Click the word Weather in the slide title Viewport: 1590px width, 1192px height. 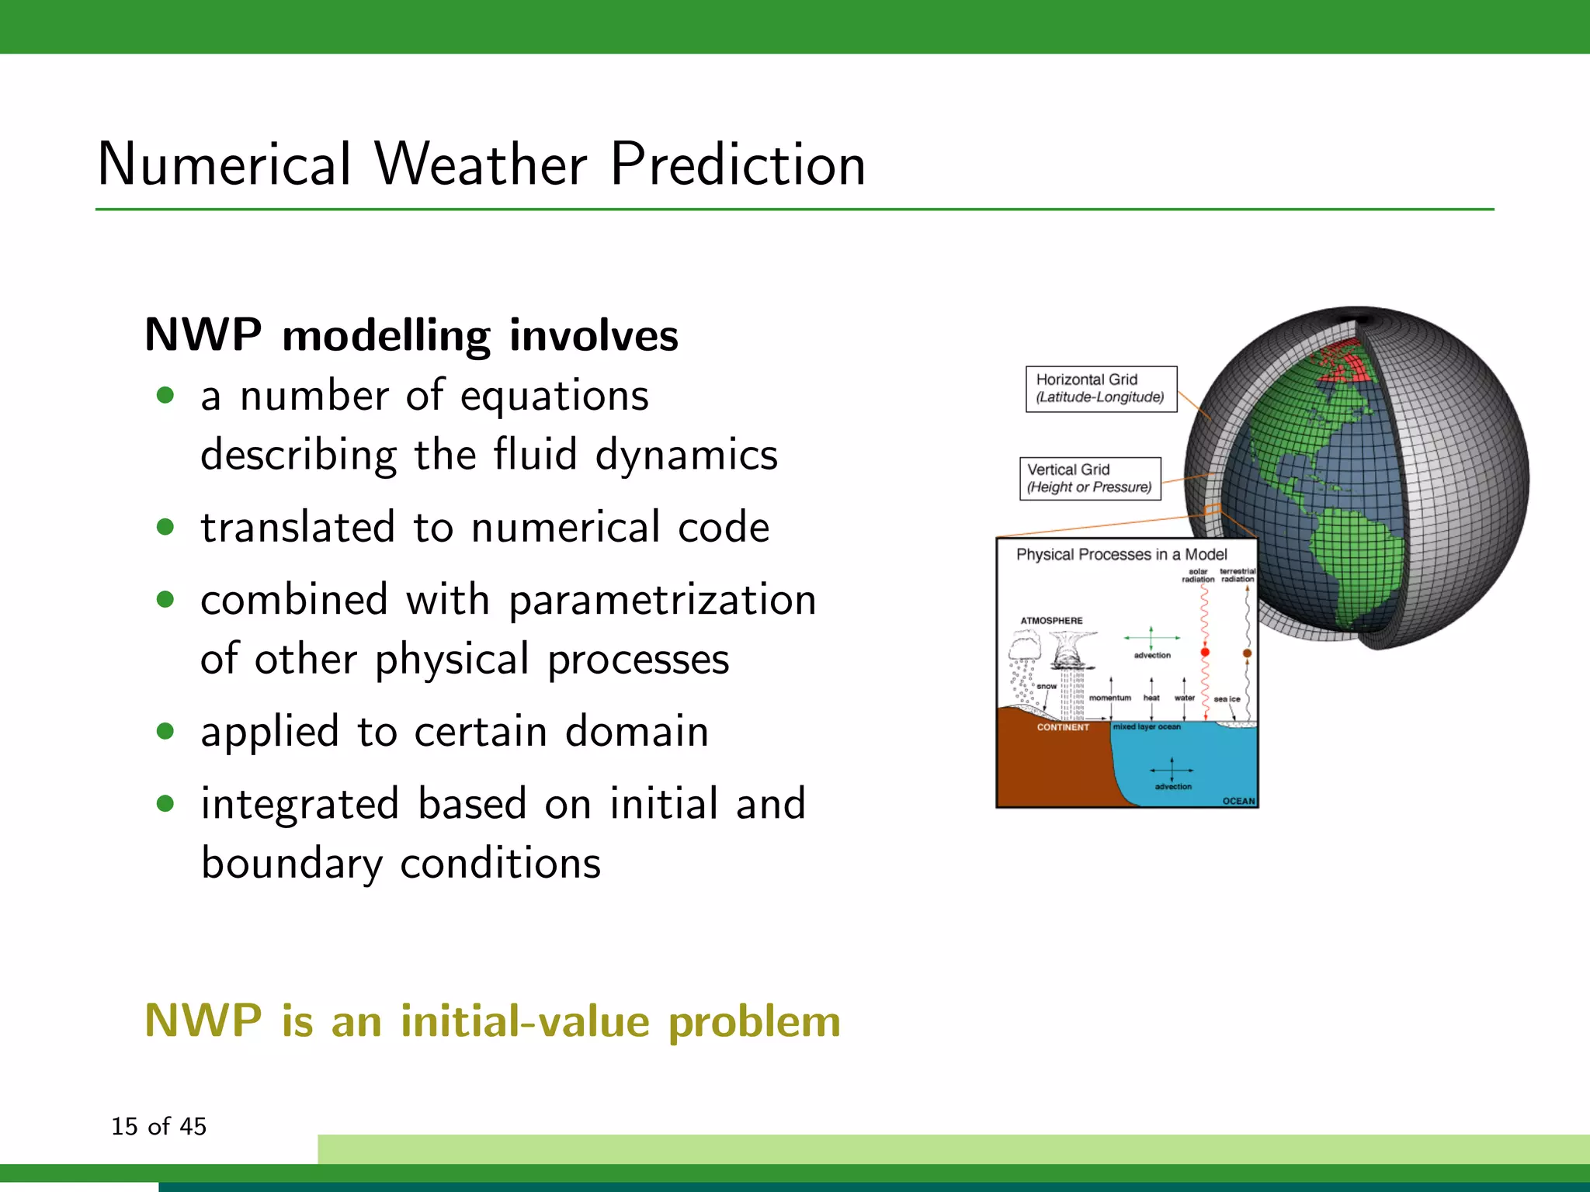[x=481, y=165]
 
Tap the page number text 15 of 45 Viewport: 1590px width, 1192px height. [x=159, y=1126]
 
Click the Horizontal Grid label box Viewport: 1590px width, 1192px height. [x=1101, y=388]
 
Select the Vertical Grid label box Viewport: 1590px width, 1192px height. [x=1089, y=478]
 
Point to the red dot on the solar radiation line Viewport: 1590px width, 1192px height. [x=1205, y=653]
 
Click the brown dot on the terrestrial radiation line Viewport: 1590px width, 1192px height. [x=1247, y=653]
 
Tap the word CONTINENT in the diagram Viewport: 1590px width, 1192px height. [x=1063, y=727]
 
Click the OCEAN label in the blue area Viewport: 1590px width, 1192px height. [x=1238, y=801]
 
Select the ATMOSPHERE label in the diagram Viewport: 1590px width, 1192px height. [x=1051, y=620]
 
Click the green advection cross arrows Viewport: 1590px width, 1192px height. [x=1151, y=638]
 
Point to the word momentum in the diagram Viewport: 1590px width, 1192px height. [x=1109, y=698]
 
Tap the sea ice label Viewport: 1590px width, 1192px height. [x=1227, y=699]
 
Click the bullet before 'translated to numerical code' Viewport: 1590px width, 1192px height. [x=165, y=528]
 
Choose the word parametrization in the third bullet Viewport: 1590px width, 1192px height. [x=662, y=600]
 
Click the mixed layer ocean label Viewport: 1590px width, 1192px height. [x=1147, y=727]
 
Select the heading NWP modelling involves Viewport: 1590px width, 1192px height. [x=411, y=335]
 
